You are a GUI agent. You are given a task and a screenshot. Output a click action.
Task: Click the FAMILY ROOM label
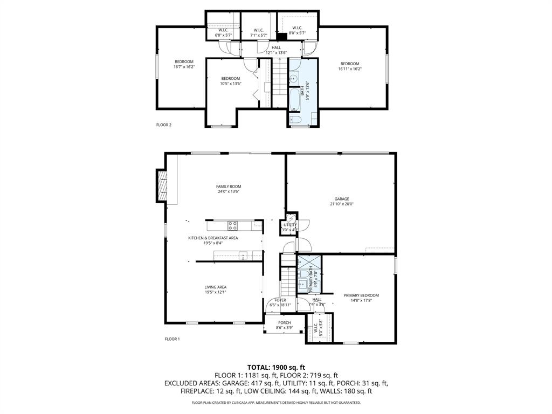click(228, 187)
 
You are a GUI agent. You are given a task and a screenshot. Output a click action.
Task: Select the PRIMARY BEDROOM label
click(361, 295)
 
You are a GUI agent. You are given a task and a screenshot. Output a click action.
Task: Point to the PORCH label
click(284, 323)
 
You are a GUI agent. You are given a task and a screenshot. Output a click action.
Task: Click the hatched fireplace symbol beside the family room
click(161, 185)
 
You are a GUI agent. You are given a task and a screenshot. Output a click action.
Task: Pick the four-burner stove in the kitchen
click(233, 225)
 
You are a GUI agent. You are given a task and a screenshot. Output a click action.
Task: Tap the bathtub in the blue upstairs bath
click(295, 100)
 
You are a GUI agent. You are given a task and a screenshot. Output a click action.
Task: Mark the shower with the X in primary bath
click(309, 263)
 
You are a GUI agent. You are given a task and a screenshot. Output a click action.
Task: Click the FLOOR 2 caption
click(163, 125)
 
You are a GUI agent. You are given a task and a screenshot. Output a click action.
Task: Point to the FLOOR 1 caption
click(172, 339)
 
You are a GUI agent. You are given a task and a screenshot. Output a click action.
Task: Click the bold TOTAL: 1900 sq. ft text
click(275, 367)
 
